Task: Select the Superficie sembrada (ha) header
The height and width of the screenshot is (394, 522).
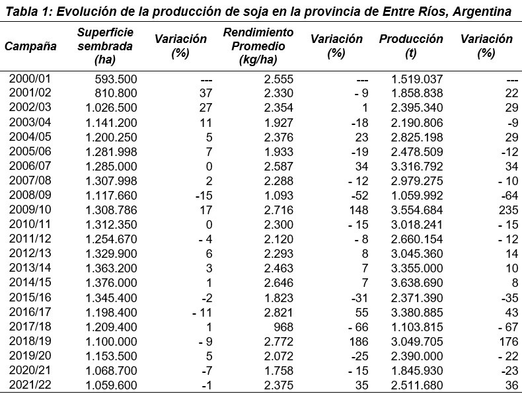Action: (x=104, y=46)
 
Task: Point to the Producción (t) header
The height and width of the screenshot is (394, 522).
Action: (x=411, y=46)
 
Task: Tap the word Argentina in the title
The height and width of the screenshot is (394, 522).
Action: (x=481, y=12)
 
